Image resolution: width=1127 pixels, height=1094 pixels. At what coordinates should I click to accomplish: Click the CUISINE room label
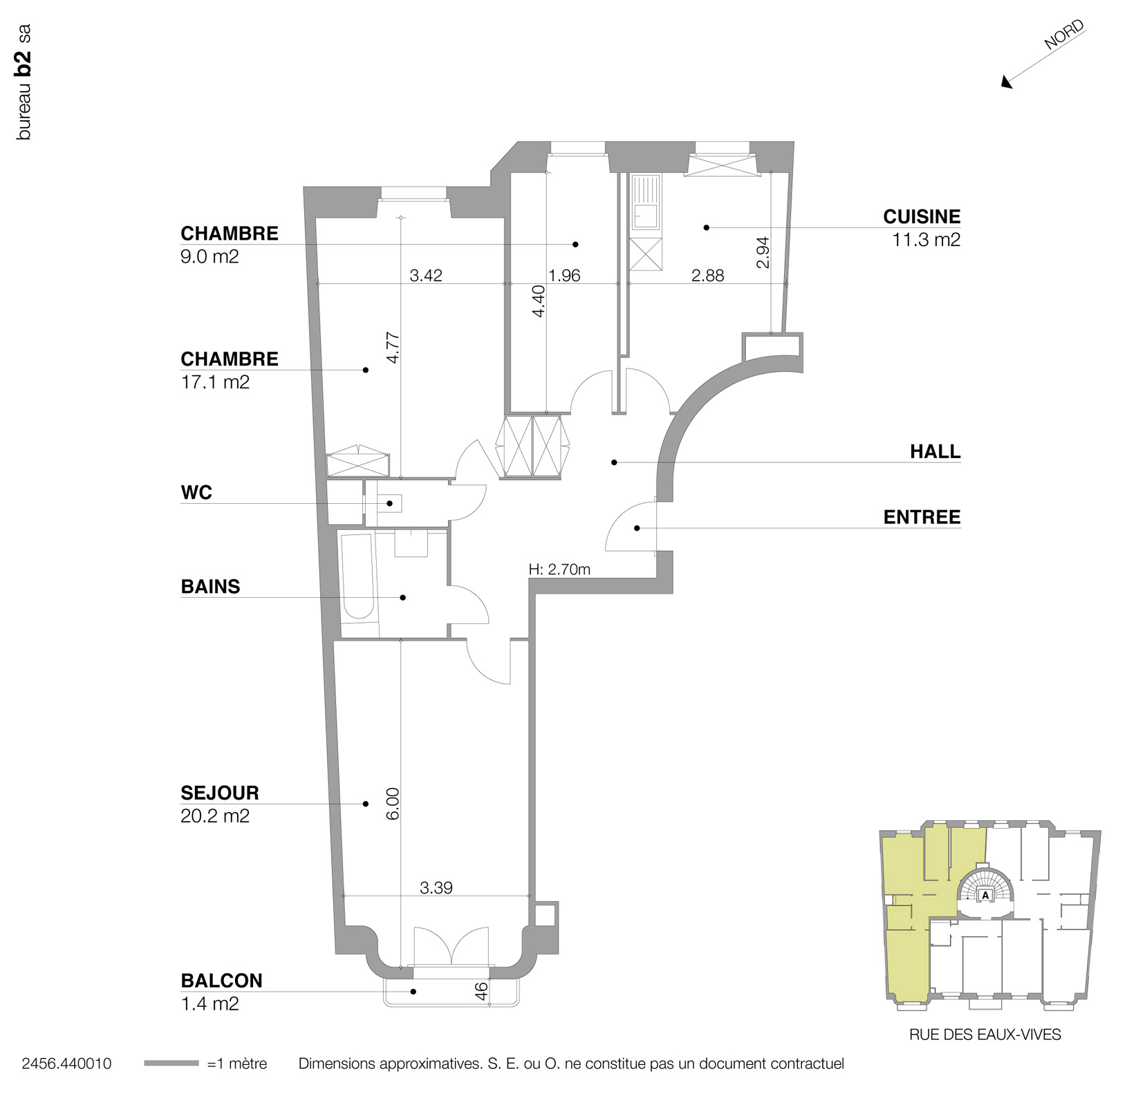[x=921, y=217]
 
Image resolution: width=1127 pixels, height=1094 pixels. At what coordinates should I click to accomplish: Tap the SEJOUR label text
[x=220, y=793]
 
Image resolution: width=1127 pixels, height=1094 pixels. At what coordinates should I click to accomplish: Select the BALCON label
[x=221, y=981]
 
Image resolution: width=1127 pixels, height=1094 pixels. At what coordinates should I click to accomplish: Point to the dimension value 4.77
[x=393, y=348]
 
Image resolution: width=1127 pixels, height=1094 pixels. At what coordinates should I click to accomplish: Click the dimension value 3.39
[x=436, y=888]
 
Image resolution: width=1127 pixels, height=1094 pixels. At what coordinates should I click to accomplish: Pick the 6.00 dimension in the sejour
[x=393, y=803]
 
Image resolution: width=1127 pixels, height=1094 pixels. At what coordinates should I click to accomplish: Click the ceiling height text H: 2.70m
[x=559, y=569]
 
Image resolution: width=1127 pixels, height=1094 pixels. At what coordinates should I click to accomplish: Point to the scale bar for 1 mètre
[x=171, y=1064]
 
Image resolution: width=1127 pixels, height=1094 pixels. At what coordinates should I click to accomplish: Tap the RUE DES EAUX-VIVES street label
[x=985, y=1035]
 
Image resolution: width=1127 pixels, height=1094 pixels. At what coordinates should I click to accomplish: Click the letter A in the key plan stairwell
[x=985, y=895]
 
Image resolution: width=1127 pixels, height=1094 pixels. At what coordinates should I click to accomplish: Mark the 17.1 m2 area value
[x=215, y=382]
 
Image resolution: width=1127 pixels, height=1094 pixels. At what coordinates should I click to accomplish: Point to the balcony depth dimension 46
[x=482, y=990]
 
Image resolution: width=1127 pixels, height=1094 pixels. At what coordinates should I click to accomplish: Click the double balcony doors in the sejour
[x=451, y=947]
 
